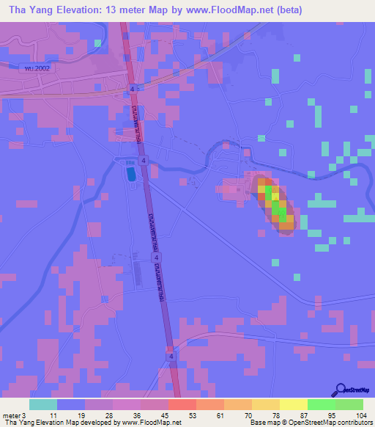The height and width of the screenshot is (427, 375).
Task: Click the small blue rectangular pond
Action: tap(130, 175)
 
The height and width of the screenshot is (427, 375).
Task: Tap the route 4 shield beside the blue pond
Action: tap(145, 161)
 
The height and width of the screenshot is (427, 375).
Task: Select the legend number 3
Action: tap(24, 415)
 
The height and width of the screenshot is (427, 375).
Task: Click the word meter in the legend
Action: tap(11, 415)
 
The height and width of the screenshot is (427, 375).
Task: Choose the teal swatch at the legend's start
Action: tap(43, 404)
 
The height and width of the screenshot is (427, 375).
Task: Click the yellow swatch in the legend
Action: tap(294, 404)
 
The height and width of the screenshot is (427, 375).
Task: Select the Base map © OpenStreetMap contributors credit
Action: tap(310, 423)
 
